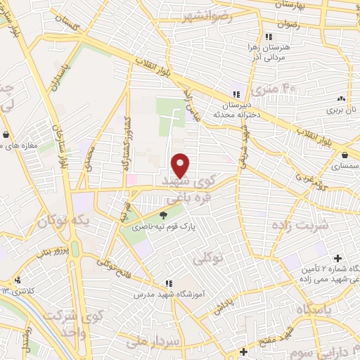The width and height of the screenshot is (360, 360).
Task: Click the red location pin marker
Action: [x=181, y=166]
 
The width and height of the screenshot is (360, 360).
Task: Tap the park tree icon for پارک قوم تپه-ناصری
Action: [x=163, y=216]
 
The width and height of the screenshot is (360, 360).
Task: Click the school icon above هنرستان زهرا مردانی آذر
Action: [x=268, y=37]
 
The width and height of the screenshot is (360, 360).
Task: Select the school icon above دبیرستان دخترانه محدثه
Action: [x=236, y=94]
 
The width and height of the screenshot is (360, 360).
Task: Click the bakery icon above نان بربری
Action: [x=341, y=99]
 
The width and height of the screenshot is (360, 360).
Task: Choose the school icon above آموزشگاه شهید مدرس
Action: [x=167, y=283]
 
